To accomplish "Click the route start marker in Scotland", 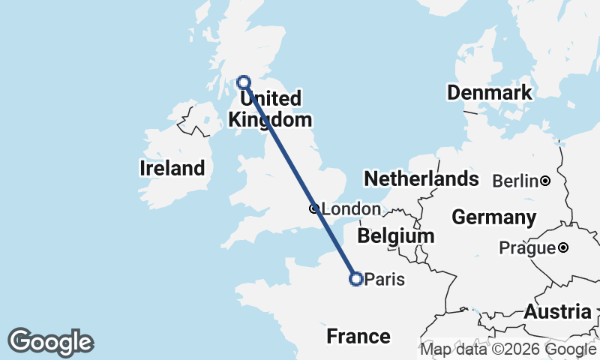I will [244, 82].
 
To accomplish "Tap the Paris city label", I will [385, 280].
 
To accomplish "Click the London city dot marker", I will [314, 209].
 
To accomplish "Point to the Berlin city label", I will [515, 181].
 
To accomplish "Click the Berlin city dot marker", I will [545, 181].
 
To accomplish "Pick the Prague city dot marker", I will [563, 247].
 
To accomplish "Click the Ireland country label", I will [172, 168].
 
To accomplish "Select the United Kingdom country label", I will [270, 109].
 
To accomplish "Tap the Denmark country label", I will [490, 93].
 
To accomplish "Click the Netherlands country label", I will [421, 178].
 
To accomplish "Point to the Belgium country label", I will [395, 235].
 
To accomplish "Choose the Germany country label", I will [493, 217].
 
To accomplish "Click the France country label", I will [358, 337].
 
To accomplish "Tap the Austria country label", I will [557, 312].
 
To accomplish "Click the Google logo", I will [51, 342].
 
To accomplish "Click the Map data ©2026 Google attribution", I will [508, 349].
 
